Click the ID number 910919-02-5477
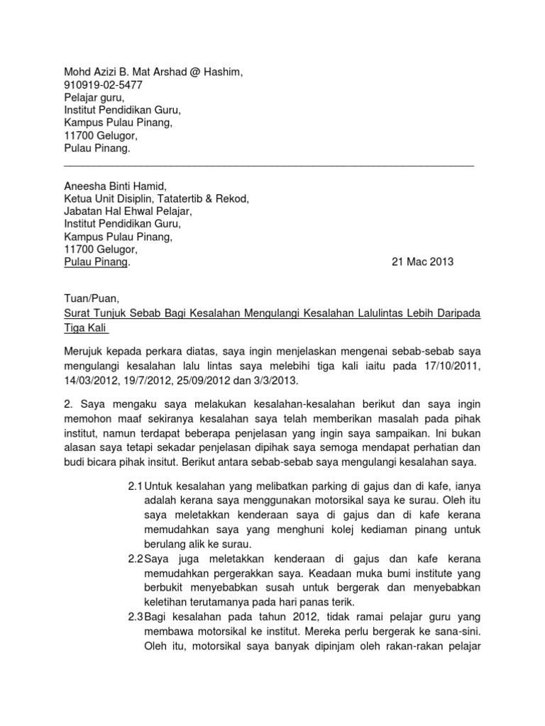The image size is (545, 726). [103, 84]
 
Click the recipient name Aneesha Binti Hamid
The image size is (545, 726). [115, 186]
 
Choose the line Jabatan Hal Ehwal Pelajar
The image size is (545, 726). [128, 211]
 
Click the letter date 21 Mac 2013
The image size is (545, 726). [422, 262]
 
